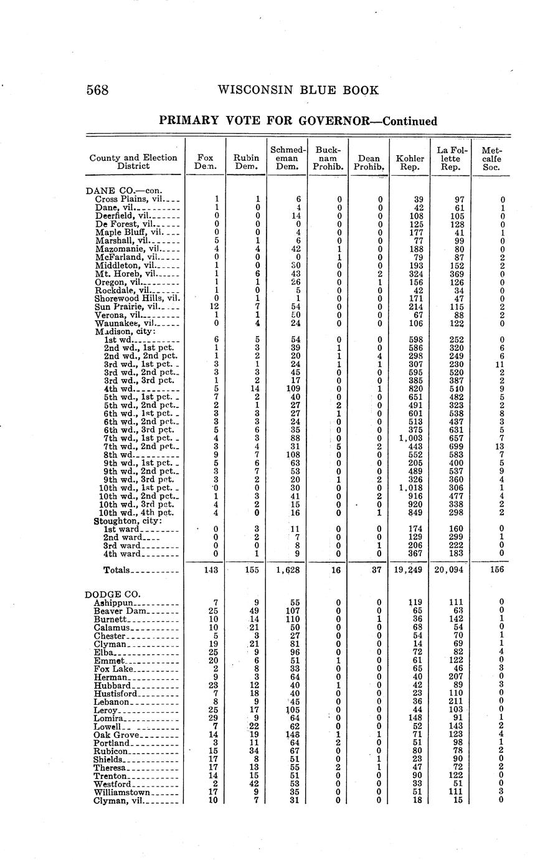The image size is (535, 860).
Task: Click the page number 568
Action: pyautogui.click(x=98, y=90)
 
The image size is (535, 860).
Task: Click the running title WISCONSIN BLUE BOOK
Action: pyautogui.click(x=298, y=90)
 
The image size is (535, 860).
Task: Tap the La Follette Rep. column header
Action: pyautogui.click(x=451, y=158)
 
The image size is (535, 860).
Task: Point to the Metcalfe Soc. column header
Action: pyautogui.click(x=491, y=158)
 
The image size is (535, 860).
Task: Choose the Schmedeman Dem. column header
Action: pyautogui.click(x=287, y=158)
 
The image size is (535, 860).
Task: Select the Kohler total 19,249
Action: pyautogui.click(x=409, y=570)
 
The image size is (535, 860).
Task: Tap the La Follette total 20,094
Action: pyautogui.click(x=450, y=570)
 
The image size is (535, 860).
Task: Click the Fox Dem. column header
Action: pyautogui.click(x=205, y=163)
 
